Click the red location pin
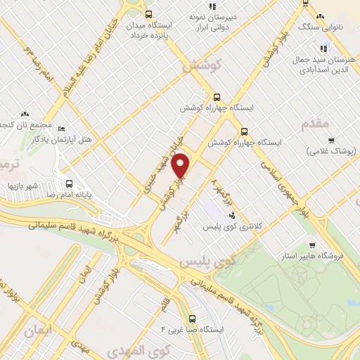click(x=181, y=166)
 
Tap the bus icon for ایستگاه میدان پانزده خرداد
click(x=148, y=15)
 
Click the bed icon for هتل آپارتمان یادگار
click(x=60, y=130)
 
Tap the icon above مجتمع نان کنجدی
click(x=25, y=113)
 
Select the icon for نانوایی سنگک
click(x=320, y=16)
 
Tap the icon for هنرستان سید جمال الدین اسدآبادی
click(x=323, y=49)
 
